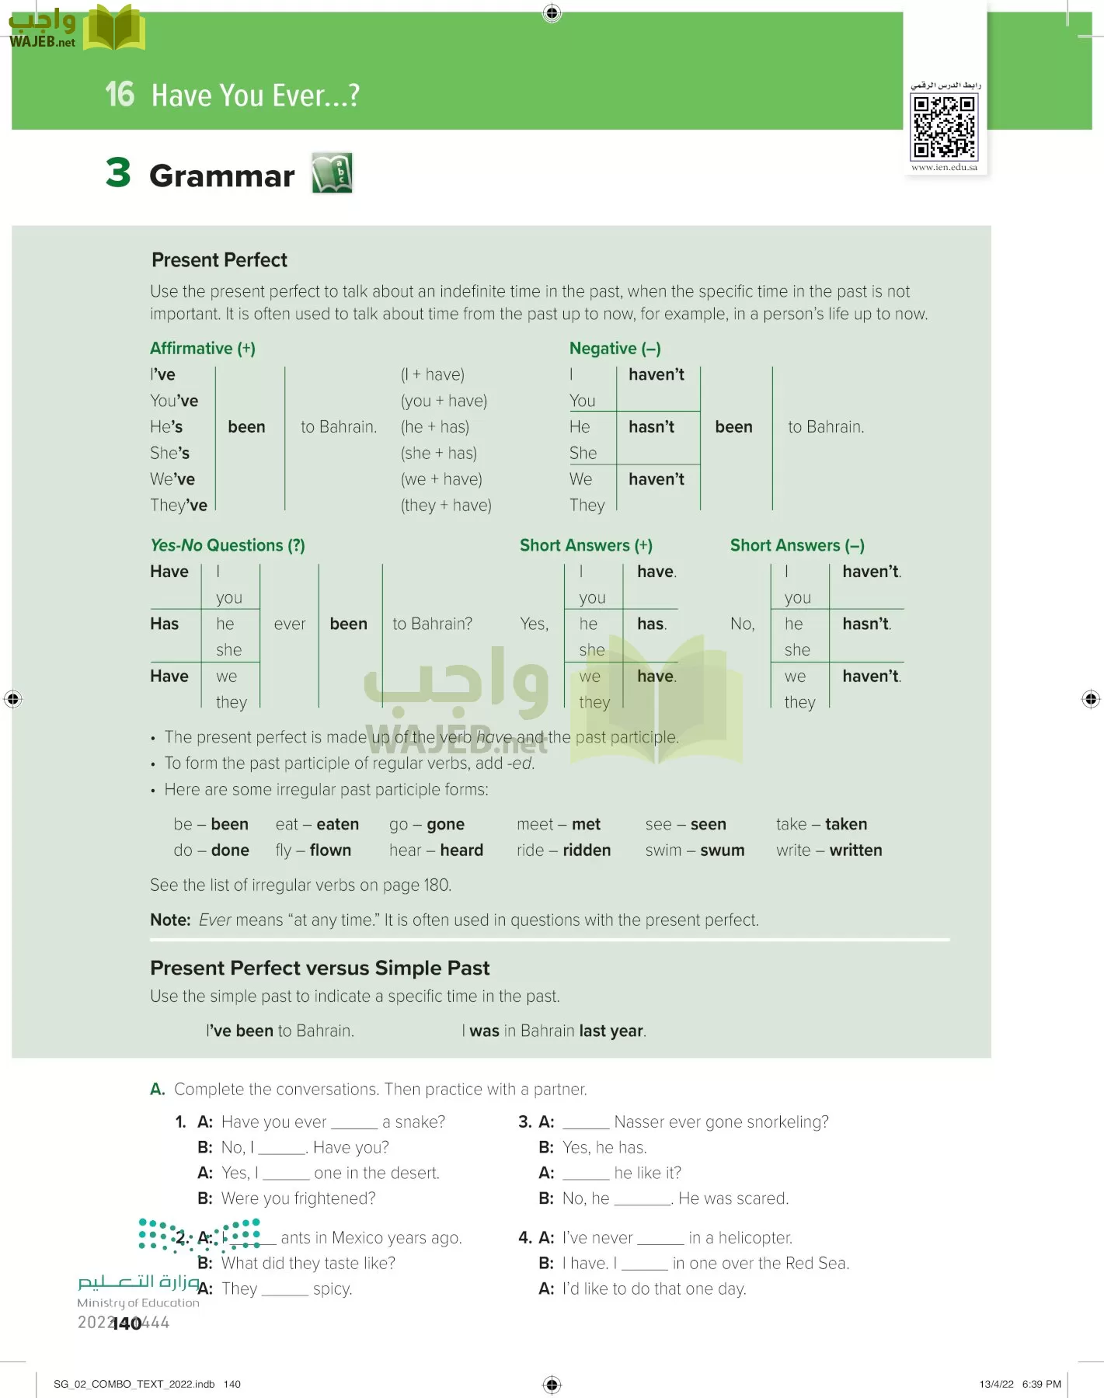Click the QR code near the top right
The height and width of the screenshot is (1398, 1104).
944,127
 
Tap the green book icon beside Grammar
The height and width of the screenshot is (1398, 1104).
332,172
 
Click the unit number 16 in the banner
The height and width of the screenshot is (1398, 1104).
120,95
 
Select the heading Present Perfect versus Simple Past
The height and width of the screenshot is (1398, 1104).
319,968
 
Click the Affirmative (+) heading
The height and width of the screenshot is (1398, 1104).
202,349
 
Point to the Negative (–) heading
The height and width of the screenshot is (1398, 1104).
615,349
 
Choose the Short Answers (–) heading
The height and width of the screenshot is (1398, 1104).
796,545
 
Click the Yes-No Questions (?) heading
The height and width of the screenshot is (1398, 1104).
227,545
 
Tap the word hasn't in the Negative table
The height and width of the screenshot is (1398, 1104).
651,427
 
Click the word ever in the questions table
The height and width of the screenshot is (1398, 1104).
290,624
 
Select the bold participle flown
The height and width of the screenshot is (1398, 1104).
330,850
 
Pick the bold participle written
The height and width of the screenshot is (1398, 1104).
855,850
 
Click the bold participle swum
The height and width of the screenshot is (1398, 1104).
722,850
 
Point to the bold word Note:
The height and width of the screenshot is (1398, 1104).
170,920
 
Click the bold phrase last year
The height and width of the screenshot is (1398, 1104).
611,1031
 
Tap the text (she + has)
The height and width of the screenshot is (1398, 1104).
438,454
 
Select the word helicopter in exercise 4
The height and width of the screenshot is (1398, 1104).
754,1238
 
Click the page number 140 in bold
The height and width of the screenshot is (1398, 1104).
127,1323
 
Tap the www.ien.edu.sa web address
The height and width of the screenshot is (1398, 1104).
944,167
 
